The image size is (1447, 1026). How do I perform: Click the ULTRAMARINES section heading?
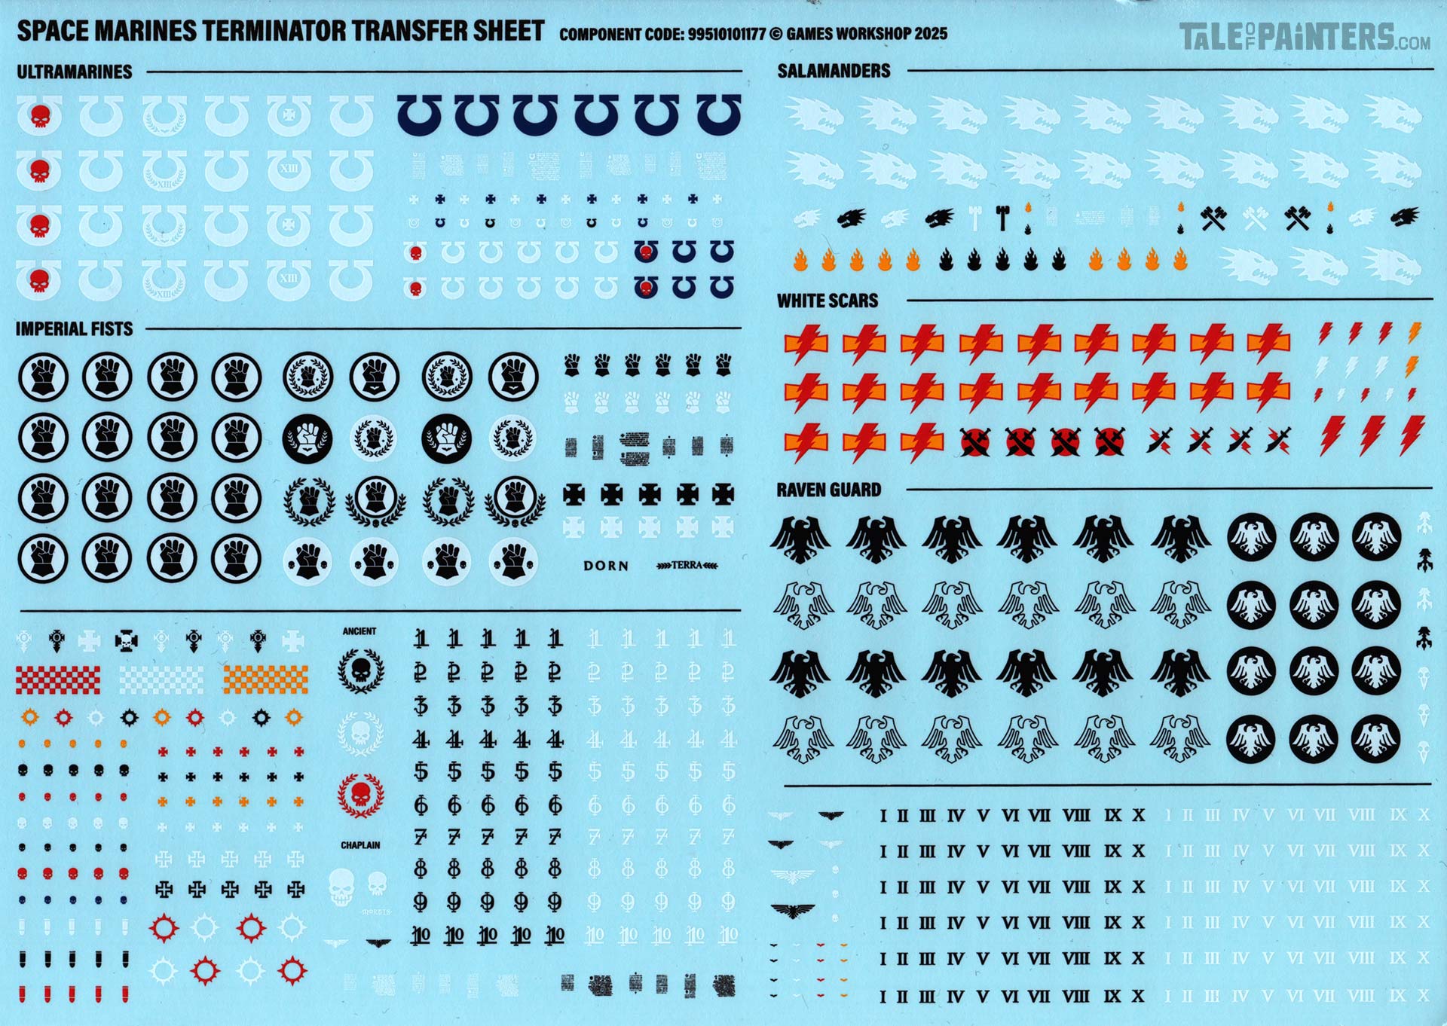click(x=75, y=72)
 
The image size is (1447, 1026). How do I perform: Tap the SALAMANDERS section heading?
click(x=834, y=71)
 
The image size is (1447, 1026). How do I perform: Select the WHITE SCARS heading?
click(x=828, y=301)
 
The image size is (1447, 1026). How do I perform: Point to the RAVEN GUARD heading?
click(x=828, y=490)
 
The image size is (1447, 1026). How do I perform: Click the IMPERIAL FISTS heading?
click(x=74, y=328)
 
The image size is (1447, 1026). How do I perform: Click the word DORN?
click(x=605, y=566)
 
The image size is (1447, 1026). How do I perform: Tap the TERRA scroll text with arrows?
click(x=687, y=565)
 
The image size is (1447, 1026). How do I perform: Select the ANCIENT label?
click(x=359, y=631)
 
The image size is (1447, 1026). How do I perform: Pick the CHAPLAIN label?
click(x=360, y=845)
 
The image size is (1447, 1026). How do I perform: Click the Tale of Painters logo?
click(x=1304, y=37)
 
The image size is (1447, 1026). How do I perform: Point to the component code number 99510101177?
click(x=727, y=34)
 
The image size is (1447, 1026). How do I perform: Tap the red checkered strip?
click(x=58, y=679)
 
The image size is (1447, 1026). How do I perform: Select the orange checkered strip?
click(x=265, y=679)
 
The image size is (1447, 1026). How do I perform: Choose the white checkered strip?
click(x=161, y=679)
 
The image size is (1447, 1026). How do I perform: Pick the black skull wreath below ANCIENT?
click(x=360, y=670)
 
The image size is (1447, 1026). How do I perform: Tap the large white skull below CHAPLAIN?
click(x=341, y=887)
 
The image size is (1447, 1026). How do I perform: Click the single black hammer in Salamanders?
click(x=1002, y=217)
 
